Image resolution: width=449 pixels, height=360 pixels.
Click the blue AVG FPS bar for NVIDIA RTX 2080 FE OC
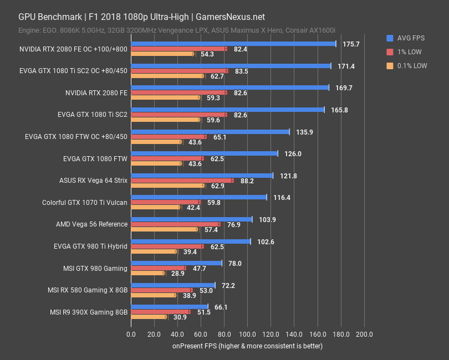pos(233,44)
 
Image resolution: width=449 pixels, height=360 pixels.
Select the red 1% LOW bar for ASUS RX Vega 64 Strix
pos(182,181)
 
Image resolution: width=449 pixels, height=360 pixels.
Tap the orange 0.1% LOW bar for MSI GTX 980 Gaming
pos(147,273)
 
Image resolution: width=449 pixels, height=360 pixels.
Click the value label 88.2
pos(247,181)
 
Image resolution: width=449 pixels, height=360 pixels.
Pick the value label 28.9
pos(178,274)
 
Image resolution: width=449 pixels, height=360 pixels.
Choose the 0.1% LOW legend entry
pos(412,65)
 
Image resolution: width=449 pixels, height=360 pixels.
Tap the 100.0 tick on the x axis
pos(247,335)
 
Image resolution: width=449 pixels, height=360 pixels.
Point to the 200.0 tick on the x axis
pos(364,335)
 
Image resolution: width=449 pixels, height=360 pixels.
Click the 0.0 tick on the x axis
pos(131,335)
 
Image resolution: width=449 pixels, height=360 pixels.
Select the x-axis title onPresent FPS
pos(247,346)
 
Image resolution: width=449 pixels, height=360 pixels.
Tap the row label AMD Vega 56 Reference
pos(91,224)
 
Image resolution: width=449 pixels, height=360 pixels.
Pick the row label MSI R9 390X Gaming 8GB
pos(88,312)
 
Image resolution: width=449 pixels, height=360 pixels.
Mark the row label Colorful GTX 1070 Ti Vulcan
pos(85,202)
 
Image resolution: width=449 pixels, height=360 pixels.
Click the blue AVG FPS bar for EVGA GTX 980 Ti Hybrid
pos(190,241)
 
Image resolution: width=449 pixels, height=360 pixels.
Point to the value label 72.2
pos(228,285)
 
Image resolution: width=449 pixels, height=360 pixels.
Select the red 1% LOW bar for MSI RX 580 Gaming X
pos(161,290)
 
